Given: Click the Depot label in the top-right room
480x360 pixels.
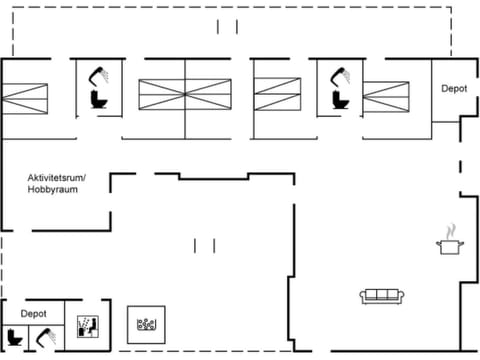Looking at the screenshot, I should (454, 88).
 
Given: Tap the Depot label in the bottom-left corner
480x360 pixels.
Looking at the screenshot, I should (34, 313).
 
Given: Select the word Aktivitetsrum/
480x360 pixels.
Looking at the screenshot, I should (57, 178).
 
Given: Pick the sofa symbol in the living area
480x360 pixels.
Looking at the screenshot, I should (383, 295).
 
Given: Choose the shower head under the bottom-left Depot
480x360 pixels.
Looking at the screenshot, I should (41, 337).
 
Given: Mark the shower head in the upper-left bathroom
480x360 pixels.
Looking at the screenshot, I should (100, 74).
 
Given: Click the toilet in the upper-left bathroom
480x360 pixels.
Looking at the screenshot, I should (98, 99).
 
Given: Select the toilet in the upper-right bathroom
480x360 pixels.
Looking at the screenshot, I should (338, 100).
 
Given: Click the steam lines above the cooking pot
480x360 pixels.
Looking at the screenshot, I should (450, 229).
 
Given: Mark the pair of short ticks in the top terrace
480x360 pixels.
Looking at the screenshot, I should (228, 26).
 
